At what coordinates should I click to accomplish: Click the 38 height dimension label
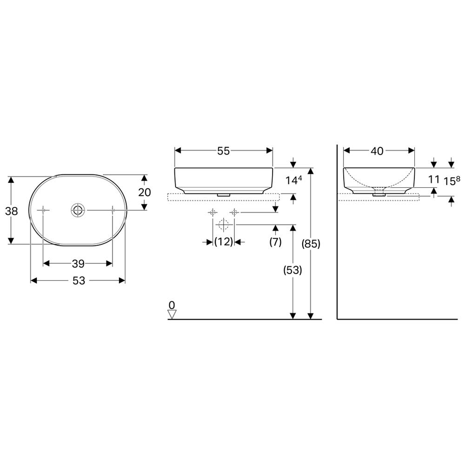[x=12, y=211]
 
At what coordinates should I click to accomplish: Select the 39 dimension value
[x=78, y=264]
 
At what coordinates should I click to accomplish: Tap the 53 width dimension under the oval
[x=79, y=280]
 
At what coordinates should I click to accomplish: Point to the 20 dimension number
[x=145, y=193]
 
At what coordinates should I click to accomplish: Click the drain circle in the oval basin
[x=78, y=210]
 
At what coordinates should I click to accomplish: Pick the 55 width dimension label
[x=224, y=151]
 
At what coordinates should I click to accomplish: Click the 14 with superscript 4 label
[x=293, y=179]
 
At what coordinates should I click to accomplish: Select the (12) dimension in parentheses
[x=224, y=242]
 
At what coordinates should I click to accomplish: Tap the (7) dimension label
[x=275, y=242]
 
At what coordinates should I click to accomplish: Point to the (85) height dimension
[x=311, y=244]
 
